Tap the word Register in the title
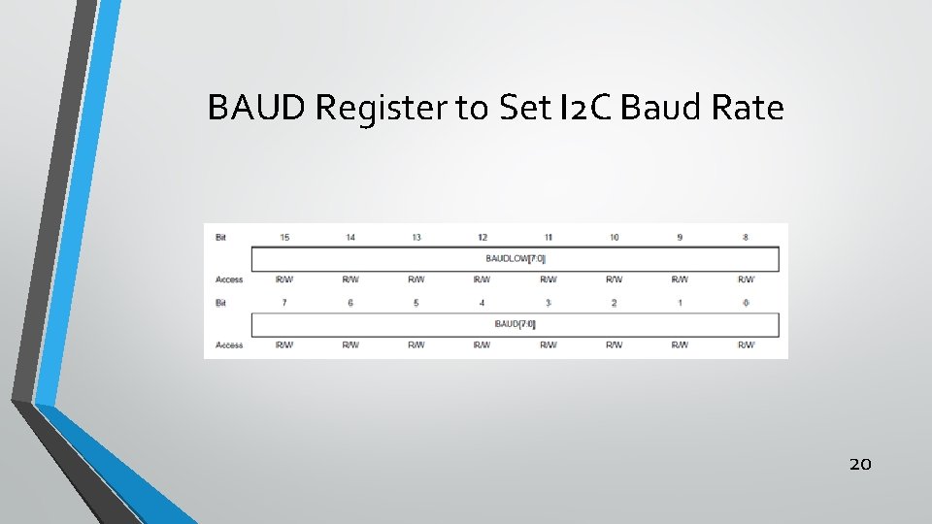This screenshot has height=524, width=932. click(x=382, y=109)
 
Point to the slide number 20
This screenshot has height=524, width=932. click(x=860, y=464)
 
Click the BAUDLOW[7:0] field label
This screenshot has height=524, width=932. click(x=516, y=258)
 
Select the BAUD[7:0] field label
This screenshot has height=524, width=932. click(x=516, y=323)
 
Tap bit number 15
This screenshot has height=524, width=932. click(x=284, y=237)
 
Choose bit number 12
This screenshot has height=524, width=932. click(x=483, y=237)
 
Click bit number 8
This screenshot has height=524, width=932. click(x=746, y=237)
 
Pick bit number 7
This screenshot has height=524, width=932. click(x=284, y=302)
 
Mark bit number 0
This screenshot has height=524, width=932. click(x=746, y=302)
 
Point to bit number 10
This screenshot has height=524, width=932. click(x=615, y=237)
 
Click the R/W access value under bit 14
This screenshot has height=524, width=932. click(x=350, y=279)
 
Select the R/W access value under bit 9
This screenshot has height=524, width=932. click(x=681, y=279)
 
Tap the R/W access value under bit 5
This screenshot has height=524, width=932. click(x=416, y=344)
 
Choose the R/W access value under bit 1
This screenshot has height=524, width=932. click(x=681, y=344)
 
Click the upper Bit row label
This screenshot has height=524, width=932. click(x=221, y=237)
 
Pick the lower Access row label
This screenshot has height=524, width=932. click(x=229, y=344)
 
